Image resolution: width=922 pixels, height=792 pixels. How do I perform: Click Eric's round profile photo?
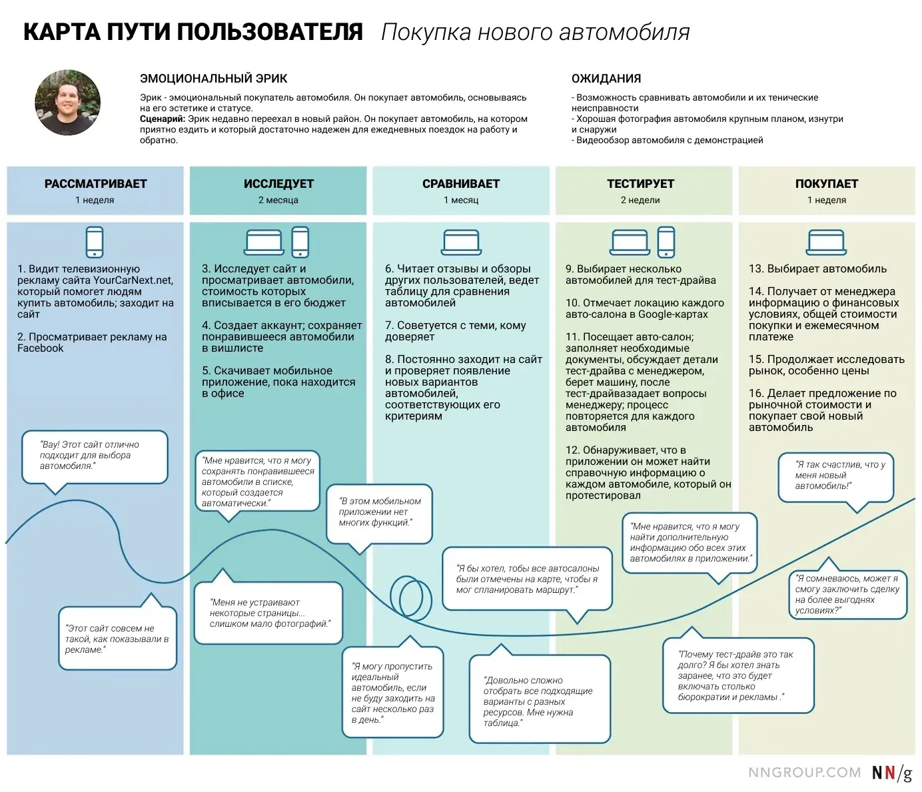pyautogui.click(x=67, y=103)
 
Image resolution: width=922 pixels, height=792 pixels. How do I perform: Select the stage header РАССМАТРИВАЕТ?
pyautogui.click(x=95, y=184)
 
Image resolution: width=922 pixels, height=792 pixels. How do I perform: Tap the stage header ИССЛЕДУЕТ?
pyautogui.click(x=278, y=184)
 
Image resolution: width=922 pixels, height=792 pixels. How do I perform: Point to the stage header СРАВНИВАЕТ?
pyautogui.click(x=461, y=184)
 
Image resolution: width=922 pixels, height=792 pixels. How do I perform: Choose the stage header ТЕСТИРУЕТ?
pyautogui.click(x=640, y=184)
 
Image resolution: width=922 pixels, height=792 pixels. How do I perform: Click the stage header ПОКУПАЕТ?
pyautogui.click(x=826, y=184)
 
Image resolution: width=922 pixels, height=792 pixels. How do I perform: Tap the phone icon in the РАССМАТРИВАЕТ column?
pyautogui.click(x=95, y=242)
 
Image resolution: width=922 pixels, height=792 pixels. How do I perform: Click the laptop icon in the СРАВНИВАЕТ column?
pyautogui.click(x=461, y=242)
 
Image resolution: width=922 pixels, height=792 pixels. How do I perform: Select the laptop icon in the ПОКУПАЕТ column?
pyautogui.click(x=826, y=242)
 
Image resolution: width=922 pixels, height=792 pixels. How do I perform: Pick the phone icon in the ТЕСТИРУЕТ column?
pyautogui.click(x=666, y=242)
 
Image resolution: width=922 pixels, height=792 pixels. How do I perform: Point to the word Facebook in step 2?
pyautogui.click(x=41, y=348)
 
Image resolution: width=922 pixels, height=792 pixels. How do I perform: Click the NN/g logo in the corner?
pyautogui.click(x=891, y=773)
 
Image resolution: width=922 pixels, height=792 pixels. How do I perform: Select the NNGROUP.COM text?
pyautogui.click(x=804, y=773)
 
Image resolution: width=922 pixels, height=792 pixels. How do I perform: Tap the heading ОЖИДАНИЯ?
pyautogui.click(x=606, y=79)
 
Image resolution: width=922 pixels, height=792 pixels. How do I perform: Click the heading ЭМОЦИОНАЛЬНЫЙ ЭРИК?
pyautogui.click(x=213, y=79)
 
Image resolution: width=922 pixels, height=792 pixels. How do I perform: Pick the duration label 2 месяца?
pyautogui.click(x=278, y=200)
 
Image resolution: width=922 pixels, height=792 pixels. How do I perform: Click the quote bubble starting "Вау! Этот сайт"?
pyautogui.click(x=94, y=456)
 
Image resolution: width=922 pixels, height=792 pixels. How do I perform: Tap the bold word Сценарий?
pyautogui.click(x=162, y=119)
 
